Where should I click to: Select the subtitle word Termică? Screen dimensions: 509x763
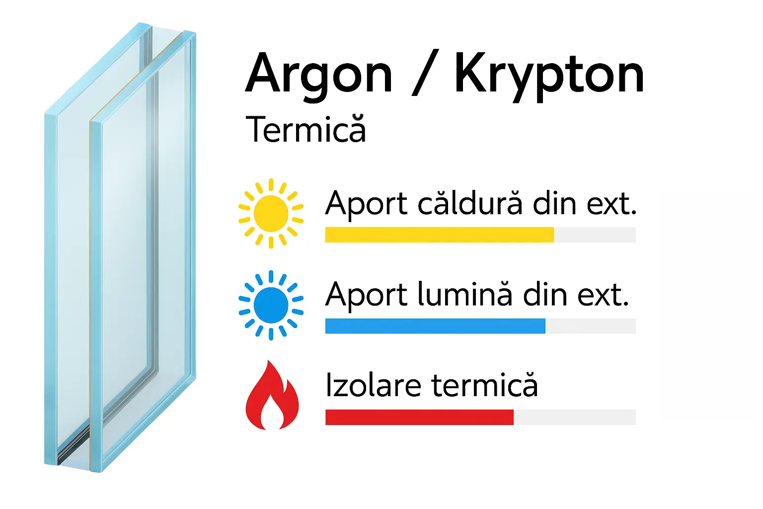[305, 129]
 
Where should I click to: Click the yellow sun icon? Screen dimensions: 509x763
[271, 213]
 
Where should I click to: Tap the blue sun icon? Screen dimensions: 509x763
[271, 305]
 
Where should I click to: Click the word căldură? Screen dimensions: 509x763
[470, 204]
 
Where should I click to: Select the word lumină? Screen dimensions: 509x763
[464, 295]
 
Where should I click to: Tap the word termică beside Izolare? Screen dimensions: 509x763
[484, 386]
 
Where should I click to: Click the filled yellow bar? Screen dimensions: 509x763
[439, 235]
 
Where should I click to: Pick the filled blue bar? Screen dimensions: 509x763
[435, 326]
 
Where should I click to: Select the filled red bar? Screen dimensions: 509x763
[419, 418]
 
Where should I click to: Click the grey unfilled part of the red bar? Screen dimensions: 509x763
[574, 418]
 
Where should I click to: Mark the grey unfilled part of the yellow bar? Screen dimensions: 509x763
[595, 235]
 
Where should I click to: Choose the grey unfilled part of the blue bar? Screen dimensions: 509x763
[590, 326]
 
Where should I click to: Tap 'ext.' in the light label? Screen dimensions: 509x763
[603, 295]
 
